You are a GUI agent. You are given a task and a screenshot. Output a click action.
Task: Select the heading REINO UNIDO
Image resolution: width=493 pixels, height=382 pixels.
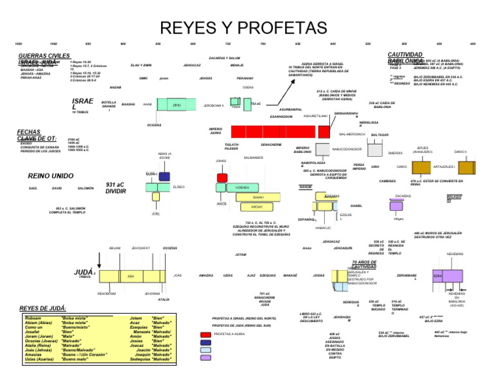tap(51, 175)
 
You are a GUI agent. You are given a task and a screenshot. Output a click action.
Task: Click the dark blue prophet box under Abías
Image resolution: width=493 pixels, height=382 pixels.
tap(164, 176)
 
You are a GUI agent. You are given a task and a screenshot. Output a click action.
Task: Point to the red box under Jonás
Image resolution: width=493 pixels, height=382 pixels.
tap(222, 177)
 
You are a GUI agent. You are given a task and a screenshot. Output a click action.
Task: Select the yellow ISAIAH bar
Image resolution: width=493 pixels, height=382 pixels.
tap(258, 197)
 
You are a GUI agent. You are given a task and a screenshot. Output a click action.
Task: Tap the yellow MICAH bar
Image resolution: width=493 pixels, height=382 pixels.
tap(257, 207)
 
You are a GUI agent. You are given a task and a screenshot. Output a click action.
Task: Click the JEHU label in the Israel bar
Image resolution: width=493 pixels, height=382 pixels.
tap(178, 104)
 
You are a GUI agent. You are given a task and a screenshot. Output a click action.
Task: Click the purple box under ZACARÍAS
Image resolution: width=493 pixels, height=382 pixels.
tap(396, 206)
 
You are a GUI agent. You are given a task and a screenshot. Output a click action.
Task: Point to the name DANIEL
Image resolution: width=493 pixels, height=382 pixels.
tap(356, 206)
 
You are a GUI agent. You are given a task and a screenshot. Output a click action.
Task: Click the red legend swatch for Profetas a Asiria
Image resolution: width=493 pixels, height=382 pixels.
tap(205, 334)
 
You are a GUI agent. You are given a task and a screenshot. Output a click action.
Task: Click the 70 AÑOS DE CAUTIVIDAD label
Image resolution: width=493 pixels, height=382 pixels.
tap(364, 264)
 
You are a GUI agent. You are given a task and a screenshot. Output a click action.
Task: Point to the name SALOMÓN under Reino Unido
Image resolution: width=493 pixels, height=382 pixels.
tap(85, 188)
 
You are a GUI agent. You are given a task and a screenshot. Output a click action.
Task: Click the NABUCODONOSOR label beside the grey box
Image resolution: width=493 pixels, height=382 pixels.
tap(347, 149)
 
